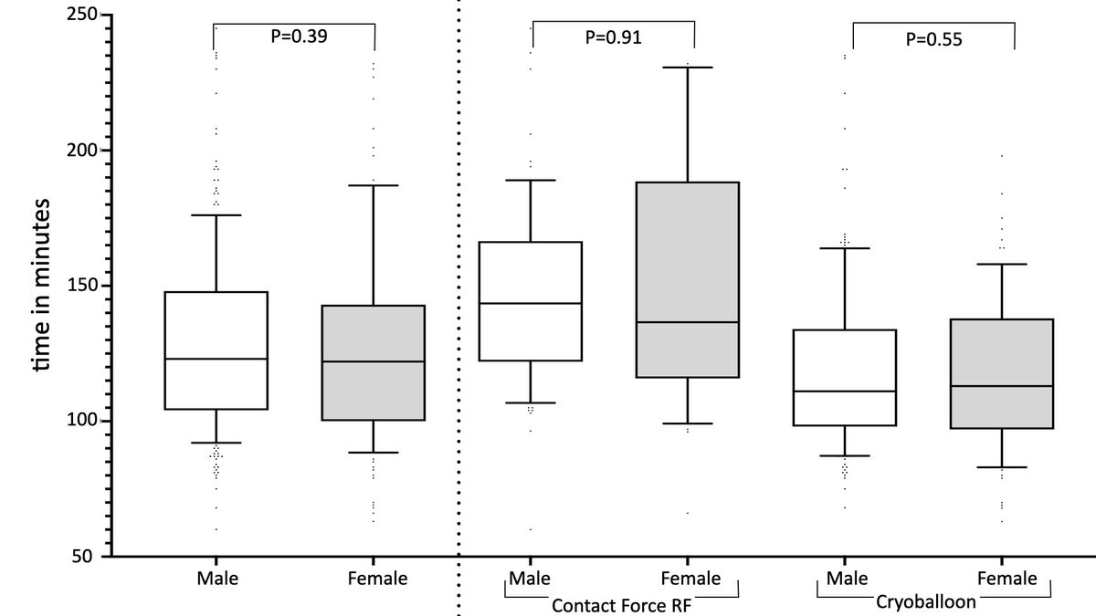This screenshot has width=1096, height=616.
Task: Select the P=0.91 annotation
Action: coord(613,38)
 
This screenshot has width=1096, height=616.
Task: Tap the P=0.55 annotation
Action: coord(933,39)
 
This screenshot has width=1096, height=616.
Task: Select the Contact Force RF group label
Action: coord(613,602)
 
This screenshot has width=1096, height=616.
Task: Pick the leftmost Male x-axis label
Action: coord(216,579)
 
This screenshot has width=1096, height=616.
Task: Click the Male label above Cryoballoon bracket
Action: coord(845,579)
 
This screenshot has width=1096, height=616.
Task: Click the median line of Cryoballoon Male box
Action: coord(845,391)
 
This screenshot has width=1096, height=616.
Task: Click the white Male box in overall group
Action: coord(216,329)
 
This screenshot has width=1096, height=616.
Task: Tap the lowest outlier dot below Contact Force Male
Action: coord(532,529)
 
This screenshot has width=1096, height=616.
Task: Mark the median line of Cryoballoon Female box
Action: coord(1002,386)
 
